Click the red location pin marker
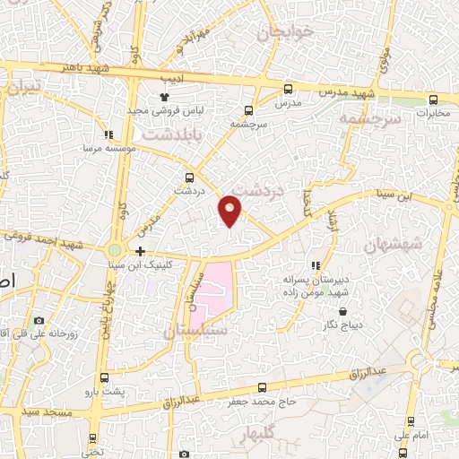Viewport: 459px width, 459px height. pyautogui.click(x=230, y=209)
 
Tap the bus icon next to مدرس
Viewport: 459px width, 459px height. pyautogui.click(x=288, y=89)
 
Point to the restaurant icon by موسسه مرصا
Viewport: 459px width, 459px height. pyautogui.click(x=108, y=133)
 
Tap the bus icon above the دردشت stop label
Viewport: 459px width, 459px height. pyautogui.click(x=189, y=178)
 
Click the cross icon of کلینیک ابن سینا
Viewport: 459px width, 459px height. pyautogui.click(x=141, y=251)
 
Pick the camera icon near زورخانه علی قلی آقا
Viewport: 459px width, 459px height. pyautogui.click(x=39, y=320)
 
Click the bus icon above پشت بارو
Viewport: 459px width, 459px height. pyautogui.click(x=105, y=377)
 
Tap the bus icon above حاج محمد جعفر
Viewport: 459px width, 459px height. pyautogui.click(x=261, y=387)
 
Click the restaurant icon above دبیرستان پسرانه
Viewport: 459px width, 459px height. pyautogui.click(x=315, y=265)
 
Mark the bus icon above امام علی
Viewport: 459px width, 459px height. pyautogui.click(x=411, y=420)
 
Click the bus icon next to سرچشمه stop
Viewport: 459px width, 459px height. pyautogui.click(x=247, y=111)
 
